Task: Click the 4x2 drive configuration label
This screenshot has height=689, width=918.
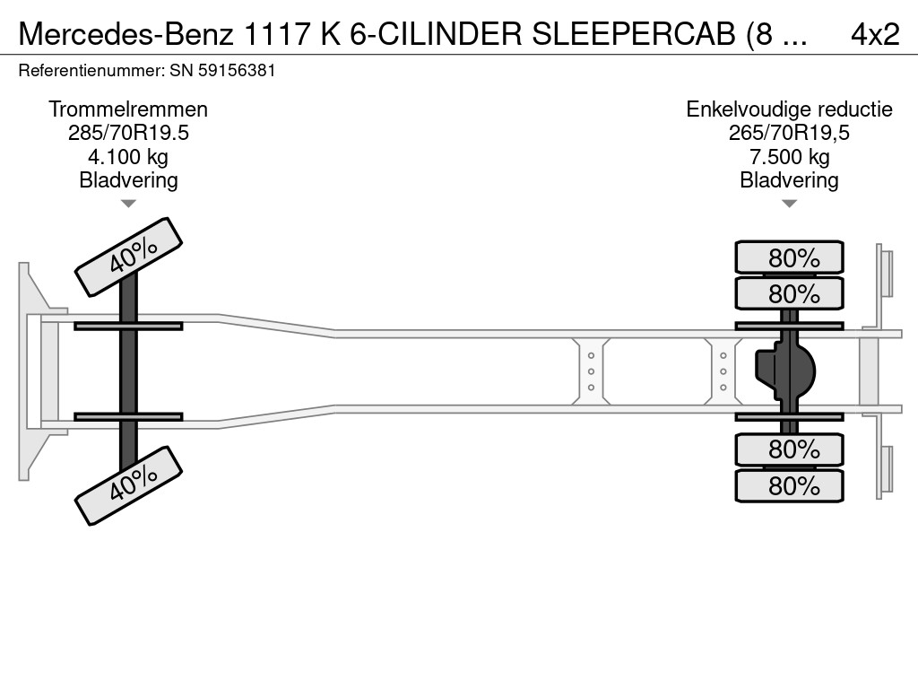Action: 874,34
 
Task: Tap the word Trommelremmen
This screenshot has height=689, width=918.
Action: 128,109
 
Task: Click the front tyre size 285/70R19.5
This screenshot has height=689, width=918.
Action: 128,133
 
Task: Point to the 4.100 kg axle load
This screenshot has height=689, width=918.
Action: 128,157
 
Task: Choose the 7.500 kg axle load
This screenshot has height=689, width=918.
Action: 789,157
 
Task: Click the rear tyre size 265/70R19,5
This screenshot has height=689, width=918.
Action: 789,133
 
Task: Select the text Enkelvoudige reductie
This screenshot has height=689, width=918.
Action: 789,109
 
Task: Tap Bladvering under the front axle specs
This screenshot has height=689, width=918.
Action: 128,180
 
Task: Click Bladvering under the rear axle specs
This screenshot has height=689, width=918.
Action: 789,180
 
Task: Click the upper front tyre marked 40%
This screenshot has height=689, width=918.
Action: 128,257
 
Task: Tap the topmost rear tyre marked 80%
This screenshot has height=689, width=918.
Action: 789,257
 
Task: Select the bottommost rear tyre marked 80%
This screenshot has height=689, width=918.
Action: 789,485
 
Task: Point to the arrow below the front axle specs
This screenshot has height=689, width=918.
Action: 128,204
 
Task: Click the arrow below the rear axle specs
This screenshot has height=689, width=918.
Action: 789,204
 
